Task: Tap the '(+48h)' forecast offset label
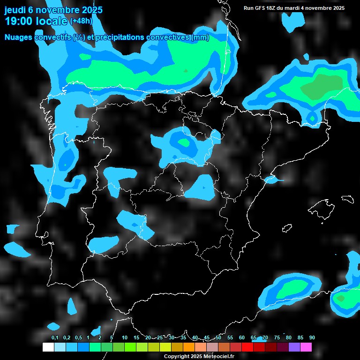(x=81, y=21)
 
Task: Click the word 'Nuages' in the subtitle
(x=19, y=37)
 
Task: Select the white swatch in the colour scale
(x=48, y=347)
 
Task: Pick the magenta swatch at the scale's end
(x=306, y=347)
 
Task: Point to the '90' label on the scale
(x=312, y=337)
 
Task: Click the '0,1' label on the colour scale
(x=55, y=337)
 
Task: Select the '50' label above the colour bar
(x=218, y=337)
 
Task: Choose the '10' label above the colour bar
(x=125, y=337)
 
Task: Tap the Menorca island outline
(x=347, y=199)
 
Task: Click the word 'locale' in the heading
(x=50, y=21)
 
